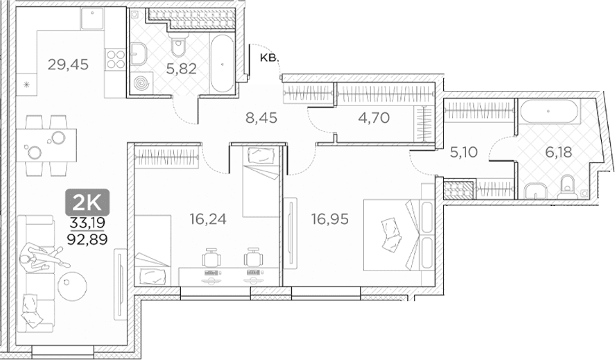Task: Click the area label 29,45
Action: (x=68, y=64)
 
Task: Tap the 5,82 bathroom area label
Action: (x=181, y=69)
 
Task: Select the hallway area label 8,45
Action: (x=261, y=117)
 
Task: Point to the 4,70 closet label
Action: (x=374, y=117)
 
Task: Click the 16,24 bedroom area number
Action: (x=208, y=218)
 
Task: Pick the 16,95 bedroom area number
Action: (x=330, y=218)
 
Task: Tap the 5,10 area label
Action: (x=464, y=152)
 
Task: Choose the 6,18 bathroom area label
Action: (x=559, y=152)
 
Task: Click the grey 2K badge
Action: (x=87, y=202)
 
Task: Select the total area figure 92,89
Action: (x=87, y=239)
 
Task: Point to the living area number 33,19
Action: (x=87, y=223)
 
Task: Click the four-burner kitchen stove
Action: (x=115, y=59)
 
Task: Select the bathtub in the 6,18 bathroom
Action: (x=549, y=112)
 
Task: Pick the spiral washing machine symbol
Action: (x=141, y=84)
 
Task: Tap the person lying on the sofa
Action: (x=40, y=259)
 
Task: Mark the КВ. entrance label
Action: (x=269, y=58)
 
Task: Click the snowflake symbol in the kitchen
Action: (x=26, y=85)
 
